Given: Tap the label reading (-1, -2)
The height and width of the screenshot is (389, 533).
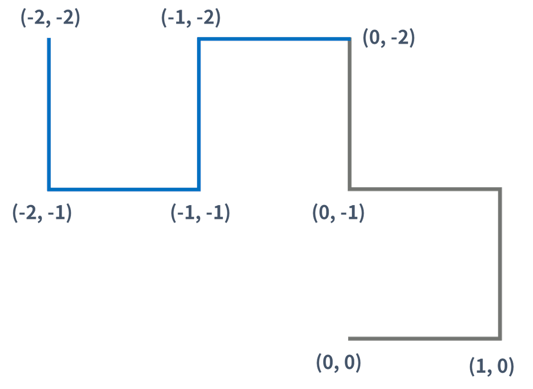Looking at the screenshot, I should click(x=191, y=19).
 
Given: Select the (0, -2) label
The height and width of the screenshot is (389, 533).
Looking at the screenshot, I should click(x=389, y=39).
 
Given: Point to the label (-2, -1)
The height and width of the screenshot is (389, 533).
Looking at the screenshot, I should click(x=42, y=213).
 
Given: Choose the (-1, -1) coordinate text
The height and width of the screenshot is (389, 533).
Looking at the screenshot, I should click(x=200, y=213).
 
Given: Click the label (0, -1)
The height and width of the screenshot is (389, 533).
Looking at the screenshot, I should click(x=338, y=213).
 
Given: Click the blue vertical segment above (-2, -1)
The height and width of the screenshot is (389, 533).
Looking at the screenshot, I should click(x=49, y=114).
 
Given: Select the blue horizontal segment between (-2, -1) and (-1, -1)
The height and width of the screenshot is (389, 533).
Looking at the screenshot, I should click(x=124, y=189).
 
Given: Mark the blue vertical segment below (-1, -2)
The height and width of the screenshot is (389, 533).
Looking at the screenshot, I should click(x=199, y=114).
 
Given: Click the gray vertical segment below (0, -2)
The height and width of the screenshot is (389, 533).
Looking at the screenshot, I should click(x=350, y=114).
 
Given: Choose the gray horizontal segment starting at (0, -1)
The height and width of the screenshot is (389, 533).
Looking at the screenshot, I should click(x=425, y=189).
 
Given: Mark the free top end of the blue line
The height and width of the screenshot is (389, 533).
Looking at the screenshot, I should click(x=49, y=39).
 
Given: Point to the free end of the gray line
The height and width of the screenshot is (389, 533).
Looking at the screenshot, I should click(x=349, y=339).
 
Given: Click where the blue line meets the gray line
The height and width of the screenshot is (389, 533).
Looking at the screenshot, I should click(x=350, y=40).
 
